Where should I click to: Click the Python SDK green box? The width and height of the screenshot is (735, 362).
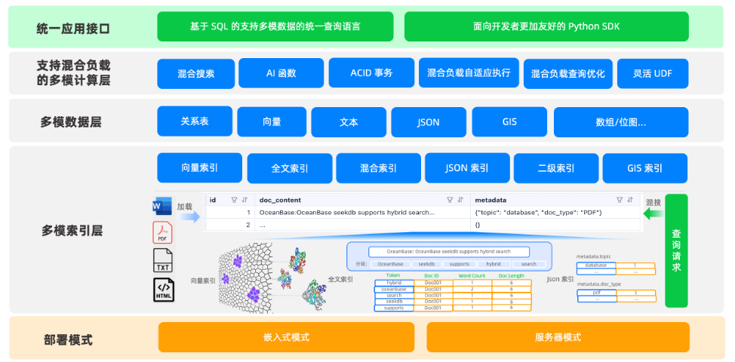coord(546,26)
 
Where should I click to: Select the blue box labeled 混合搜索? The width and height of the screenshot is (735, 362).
coord(195,74)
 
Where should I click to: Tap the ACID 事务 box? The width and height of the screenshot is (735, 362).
coord(371,73)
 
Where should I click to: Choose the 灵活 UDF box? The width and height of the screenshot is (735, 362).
coord(653,74)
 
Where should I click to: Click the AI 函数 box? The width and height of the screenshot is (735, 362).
coord(281,73)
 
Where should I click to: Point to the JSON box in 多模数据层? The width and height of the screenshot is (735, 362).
coord(428,121)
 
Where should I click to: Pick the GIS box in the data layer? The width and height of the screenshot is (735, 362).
coord(509,121)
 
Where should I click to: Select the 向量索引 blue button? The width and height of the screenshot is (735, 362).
coord(200,168)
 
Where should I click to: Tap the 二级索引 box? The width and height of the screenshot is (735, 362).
coord(555,168)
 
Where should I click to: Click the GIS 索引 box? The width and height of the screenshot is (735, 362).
coord(644,168)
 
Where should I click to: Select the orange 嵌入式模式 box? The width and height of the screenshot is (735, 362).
coord(286,337)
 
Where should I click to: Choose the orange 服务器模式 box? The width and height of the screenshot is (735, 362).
coord(558,337)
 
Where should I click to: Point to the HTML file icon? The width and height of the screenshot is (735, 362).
coord(164,290)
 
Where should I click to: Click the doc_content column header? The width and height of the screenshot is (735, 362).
coord(280,200)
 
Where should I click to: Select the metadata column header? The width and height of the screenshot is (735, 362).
coord(490,200)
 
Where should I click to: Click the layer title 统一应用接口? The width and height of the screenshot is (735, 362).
coord(73,29)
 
